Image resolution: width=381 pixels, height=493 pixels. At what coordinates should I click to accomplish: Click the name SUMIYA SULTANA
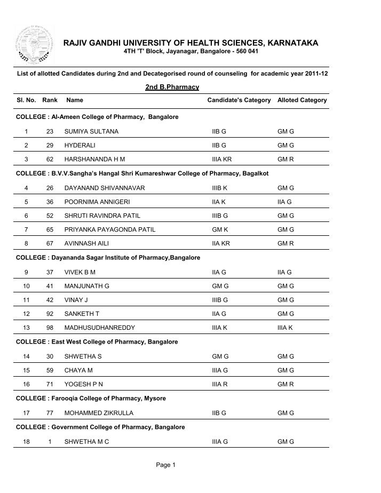(x=91, y=131)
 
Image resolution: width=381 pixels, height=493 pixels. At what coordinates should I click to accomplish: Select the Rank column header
(x=50, y=100)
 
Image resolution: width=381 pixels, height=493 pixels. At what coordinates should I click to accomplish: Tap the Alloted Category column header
(x=302, y=100)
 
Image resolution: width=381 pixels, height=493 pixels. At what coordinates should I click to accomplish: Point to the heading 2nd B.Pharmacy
(x=172, y=86)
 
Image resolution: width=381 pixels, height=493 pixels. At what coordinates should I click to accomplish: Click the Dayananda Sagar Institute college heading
(x=108, y=258)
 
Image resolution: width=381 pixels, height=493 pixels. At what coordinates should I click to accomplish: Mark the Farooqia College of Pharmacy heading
(x=91, y=399)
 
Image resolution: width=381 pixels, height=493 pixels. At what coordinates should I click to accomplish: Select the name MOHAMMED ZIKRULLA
(x=99, y=413)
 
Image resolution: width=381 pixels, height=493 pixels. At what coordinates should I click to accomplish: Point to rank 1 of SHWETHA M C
(x=50, y=442)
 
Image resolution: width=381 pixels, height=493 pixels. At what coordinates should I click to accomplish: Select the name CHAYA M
(x=78, y=370)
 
